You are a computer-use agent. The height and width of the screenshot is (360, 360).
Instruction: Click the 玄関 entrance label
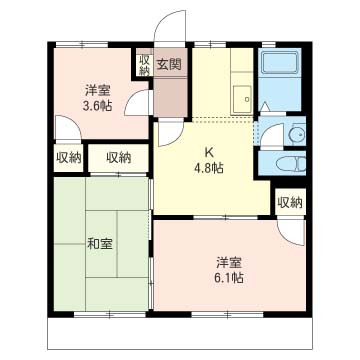[169, 64]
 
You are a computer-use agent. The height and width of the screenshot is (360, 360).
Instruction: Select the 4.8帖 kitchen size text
[209, 168]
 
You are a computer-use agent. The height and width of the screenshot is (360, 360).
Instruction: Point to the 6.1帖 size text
[229, 277]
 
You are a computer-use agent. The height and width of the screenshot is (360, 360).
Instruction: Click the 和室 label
[100, 244]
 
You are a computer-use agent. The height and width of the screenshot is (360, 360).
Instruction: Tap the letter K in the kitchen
[209, 153]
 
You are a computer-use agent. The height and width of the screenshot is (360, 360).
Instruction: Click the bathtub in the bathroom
[279, 61]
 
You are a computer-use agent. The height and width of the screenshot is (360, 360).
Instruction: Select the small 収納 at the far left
[68, 158]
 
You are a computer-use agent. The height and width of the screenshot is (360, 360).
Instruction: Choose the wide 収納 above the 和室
[119, 158]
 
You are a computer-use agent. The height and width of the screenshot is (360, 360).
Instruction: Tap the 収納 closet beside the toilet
[290, 202]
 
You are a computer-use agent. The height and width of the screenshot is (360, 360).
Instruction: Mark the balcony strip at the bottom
[180, 333]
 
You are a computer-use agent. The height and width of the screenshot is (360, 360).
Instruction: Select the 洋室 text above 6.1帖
[229, 263]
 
